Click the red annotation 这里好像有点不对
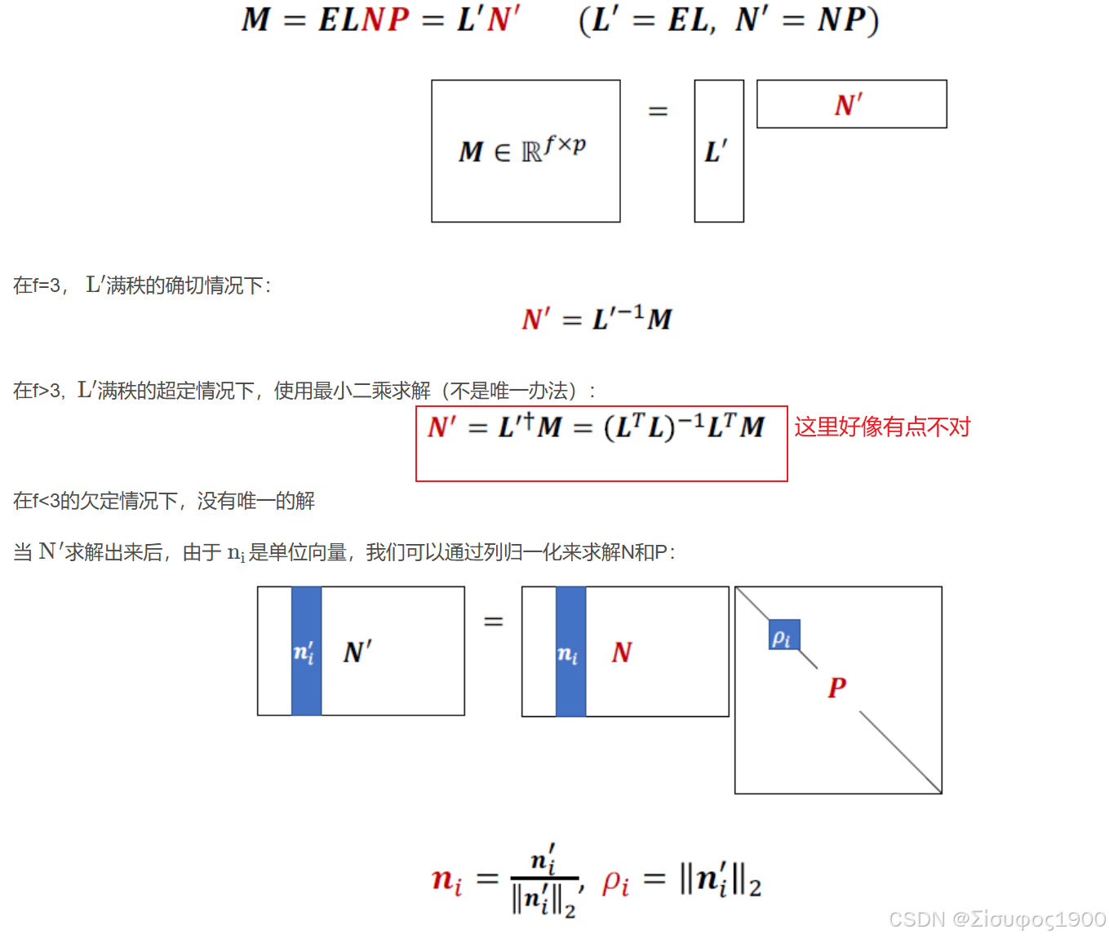(882, 427)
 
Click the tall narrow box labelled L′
(719, 151)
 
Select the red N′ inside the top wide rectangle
(849, 104)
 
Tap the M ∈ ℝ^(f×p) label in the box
(522, 149)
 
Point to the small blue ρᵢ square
(783, 635)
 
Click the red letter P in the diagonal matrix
(837, 687)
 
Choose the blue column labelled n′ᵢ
(306, 651)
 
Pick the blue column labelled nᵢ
(570, 652)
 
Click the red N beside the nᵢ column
(622, 652)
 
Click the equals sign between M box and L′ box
(658, 111)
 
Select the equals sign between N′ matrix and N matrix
(493, 622)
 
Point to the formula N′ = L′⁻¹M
(597, 318)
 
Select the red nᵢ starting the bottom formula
(446, 879)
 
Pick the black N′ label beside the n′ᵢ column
(357, 652)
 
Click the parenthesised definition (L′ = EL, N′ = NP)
(729, 20)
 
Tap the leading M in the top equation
(255, 20)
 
